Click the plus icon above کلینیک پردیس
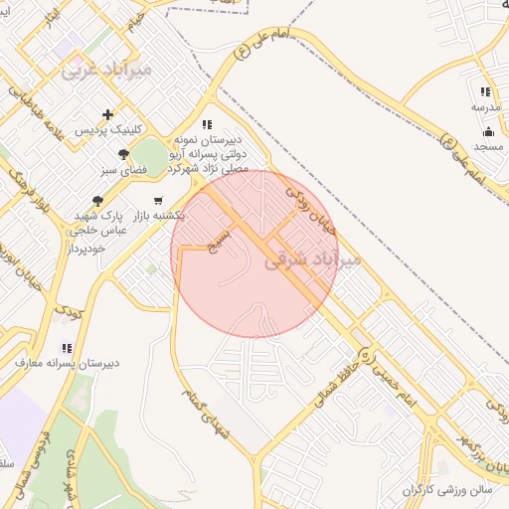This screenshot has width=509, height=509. coord(108,114)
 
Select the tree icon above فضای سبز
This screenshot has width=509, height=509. coord(123,154)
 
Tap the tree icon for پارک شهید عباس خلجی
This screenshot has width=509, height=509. coord(97,200)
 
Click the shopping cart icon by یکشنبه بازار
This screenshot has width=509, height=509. coord(158,200)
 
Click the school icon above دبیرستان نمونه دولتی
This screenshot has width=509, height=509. coord(207,124)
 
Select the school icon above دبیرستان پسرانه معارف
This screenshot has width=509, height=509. coord(67,348)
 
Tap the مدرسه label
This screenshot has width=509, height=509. coord(485,106)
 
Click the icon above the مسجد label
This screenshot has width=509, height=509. coord(487,131)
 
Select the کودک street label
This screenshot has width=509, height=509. coord(68,310)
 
